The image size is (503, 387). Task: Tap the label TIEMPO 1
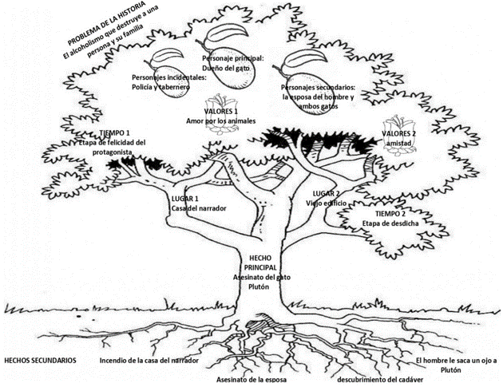(x=116, y=132)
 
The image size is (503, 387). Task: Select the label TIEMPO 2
(x=391, y=214)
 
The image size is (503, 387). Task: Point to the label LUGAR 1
(x=185, y=198)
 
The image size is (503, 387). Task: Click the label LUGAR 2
(x=326, y=193)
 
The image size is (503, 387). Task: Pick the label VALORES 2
(x=399, y=132)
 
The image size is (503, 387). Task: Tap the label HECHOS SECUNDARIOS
(x=41, y=360)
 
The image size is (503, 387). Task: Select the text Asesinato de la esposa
(x=252, y=380)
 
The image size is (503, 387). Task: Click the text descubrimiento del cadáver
(x=379, y=379)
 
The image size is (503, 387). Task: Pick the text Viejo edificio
(x=325, y=203)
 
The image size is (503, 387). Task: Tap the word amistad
(x=398, y=142)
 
